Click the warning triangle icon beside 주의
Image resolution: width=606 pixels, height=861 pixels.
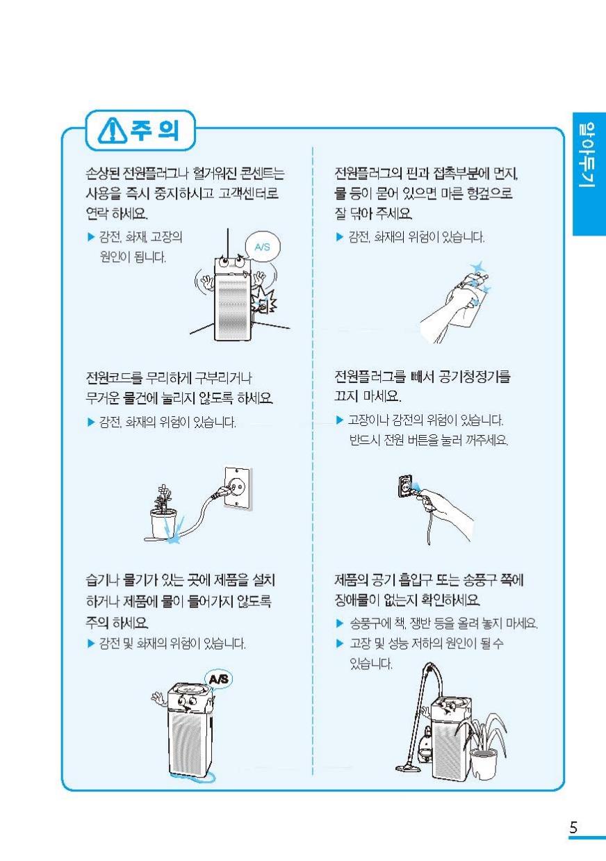(113, 131)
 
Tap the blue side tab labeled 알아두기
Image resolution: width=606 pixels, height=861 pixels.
(589, 174)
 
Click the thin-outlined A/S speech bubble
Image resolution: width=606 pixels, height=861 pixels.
(263, 247)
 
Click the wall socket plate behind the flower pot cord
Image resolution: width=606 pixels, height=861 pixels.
(238, 488)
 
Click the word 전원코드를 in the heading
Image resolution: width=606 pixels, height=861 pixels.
(114, 377)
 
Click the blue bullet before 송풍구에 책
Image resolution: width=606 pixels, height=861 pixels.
(339, 623)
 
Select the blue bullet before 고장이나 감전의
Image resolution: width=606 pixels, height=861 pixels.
(339, 420)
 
